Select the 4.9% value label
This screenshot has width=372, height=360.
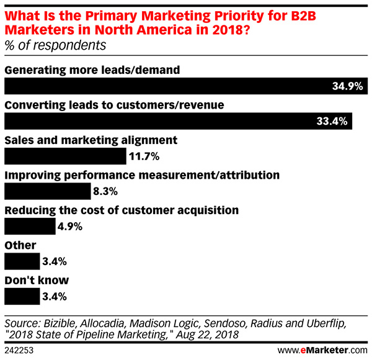coord(70,227)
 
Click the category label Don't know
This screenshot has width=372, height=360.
coord(37,280)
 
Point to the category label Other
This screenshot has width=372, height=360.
coord(20,245)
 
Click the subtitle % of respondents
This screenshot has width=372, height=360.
coord(55,45)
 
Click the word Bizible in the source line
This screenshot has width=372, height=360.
coord(59,324)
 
